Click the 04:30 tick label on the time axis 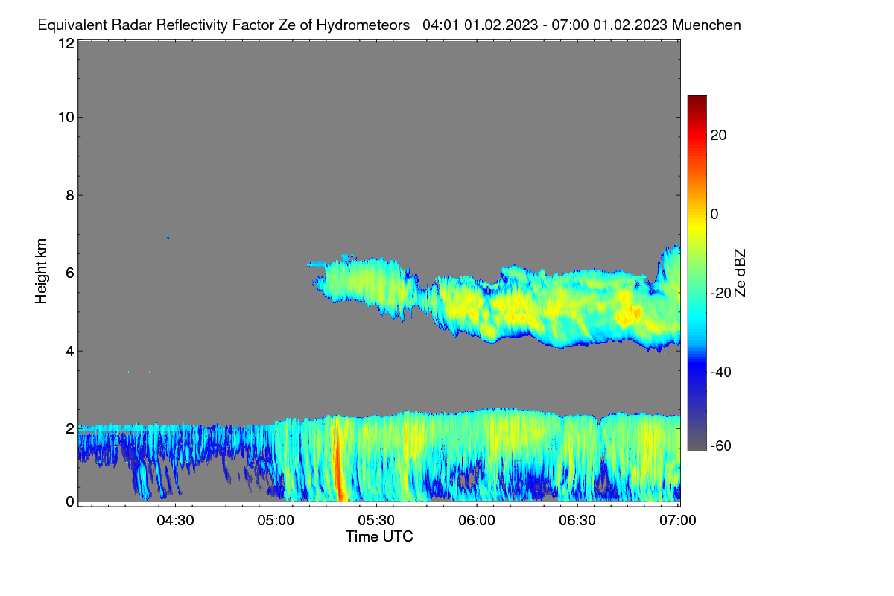(175, 521)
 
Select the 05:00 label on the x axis (276, 521)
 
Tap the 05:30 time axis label (376, 521)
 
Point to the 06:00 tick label (477, 521)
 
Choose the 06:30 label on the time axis (577, 521)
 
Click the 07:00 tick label (678, 521)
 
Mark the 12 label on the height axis (66, 43)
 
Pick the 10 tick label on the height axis (66, 118)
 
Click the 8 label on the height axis (70, 196)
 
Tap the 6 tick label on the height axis (70, 273)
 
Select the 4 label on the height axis (70, 352)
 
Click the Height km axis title (41, 271)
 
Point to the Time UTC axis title (379, 537)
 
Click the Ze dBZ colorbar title (740, 273)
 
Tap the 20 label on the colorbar (718, 136)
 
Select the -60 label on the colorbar (721, 446)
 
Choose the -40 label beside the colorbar (721, 372)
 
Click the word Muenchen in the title (706, 25)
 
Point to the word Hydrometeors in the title (364, 25)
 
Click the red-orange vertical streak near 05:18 (338, 459)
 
